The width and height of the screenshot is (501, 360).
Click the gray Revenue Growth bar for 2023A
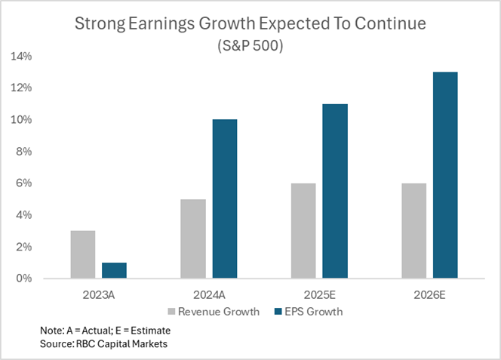pos(83,254)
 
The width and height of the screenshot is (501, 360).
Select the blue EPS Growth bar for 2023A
pos(114,270)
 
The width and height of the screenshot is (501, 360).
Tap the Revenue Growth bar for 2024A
pos(193,238)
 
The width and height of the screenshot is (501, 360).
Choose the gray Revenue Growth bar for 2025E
pos(303,230)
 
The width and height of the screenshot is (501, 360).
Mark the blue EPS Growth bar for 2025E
pos(335,191)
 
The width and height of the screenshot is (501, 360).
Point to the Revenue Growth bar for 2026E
pos(413,230)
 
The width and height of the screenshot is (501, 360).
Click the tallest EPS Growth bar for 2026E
pos(445,175)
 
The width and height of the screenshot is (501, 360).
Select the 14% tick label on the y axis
pos(21,57)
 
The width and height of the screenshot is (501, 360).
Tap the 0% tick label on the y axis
pos(24,278)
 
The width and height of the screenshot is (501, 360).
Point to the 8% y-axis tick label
pos(24,152)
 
